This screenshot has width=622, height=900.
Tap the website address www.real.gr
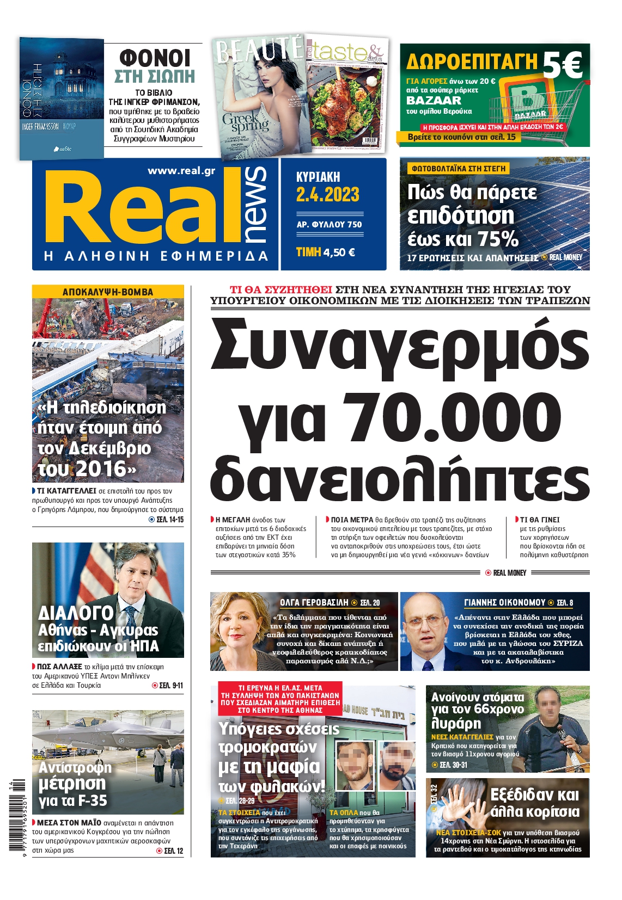point(181,171)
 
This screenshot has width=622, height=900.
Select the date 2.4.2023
point(327,194)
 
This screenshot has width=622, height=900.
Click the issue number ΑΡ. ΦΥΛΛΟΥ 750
point(329,224)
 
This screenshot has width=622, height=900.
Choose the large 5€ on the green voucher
point(562,65)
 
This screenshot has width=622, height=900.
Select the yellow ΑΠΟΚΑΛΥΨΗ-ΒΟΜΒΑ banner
point(108,292)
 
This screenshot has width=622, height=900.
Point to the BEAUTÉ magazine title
point(259,50)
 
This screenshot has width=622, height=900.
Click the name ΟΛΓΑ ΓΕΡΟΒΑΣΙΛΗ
point(314,602)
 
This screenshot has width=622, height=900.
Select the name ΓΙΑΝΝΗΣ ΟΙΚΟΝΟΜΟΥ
point(504,602)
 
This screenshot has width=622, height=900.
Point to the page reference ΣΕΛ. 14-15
point(169,520)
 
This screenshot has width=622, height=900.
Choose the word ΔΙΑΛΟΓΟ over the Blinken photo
point(76,613)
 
